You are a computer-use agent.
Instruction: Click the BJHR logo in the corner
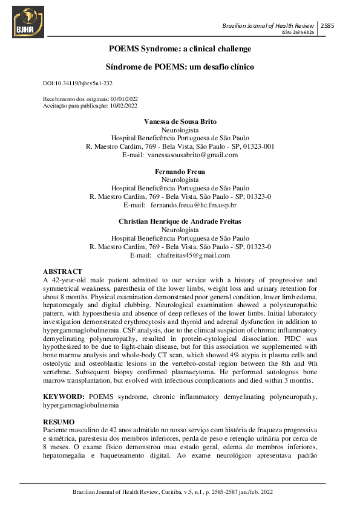pyautogui.click(x=28, y=22)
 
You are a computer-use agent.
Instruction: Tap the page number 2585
pyautogui.click(x=327, y=26)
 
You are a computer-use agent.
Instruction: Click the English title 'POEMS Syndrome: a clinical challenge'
pyautogui.click(x=180, y=48)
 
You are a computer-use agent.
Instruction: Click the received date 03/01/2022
pyautogui.click(x=123, y=99)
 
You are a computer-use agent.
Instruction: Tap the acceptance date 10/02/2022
pyautogui.click(x=123, y=105)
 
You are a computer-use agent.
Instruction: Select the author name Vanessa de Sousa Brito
pyautogui.click(x=180, y=122)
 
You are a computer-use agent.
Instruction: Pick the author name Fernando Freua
pyautogui.click(x=180, y=172)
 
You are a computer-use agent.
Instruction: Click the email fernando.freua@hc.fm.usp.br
pyautogui.click(x=193, y=206)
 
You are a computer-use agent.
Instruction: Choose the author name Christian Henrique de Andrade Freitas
pyautogui.click(x=180, y=222)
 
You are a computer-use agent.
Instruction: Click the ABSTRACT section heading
pyautogui.click(x=63, y=271)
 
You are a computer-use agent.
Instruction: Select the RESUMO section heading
pyautogui.click(x=59, y=421)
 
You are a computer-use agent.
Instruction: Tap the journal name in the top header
pyautogui.click(x=268, y=26)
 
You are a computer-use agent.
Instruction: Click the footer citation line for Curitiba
pyautogui.click(x=180, y=492)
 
